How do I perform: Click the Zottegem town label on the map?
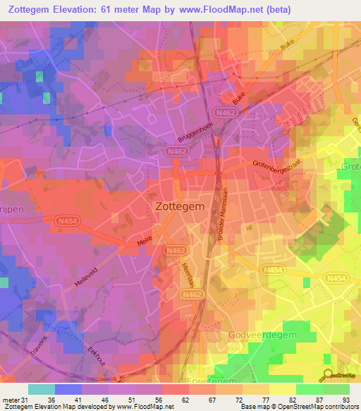pos(180,208)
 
